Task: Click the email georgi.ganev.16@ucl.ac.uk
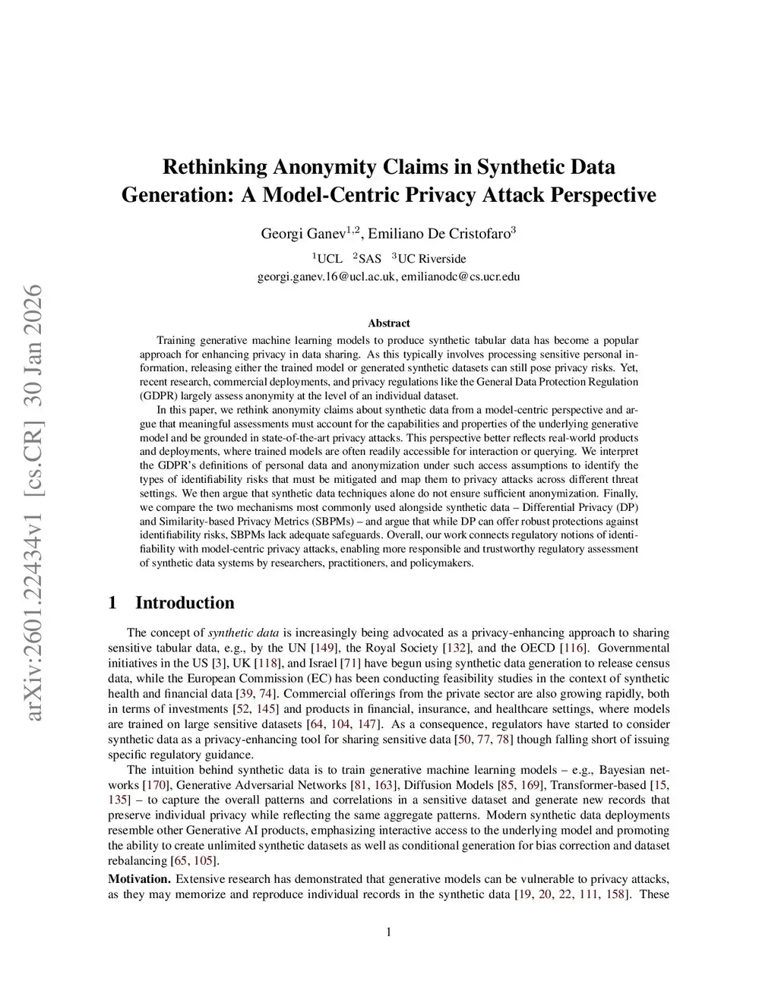[x=327, y=276]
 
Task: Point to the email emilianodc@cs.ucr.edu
[x=460, y=276]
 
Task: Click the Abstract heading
[x=388, y=323]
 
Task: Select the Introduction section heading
[x=185, y=603]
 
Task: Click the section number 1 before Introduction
[x=112, y=603]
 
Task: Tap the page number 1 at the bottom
[x=389, y=932]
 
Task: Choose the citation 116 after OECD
[x=574, y=648]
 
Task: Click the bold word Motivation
[x=139, y=879]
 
